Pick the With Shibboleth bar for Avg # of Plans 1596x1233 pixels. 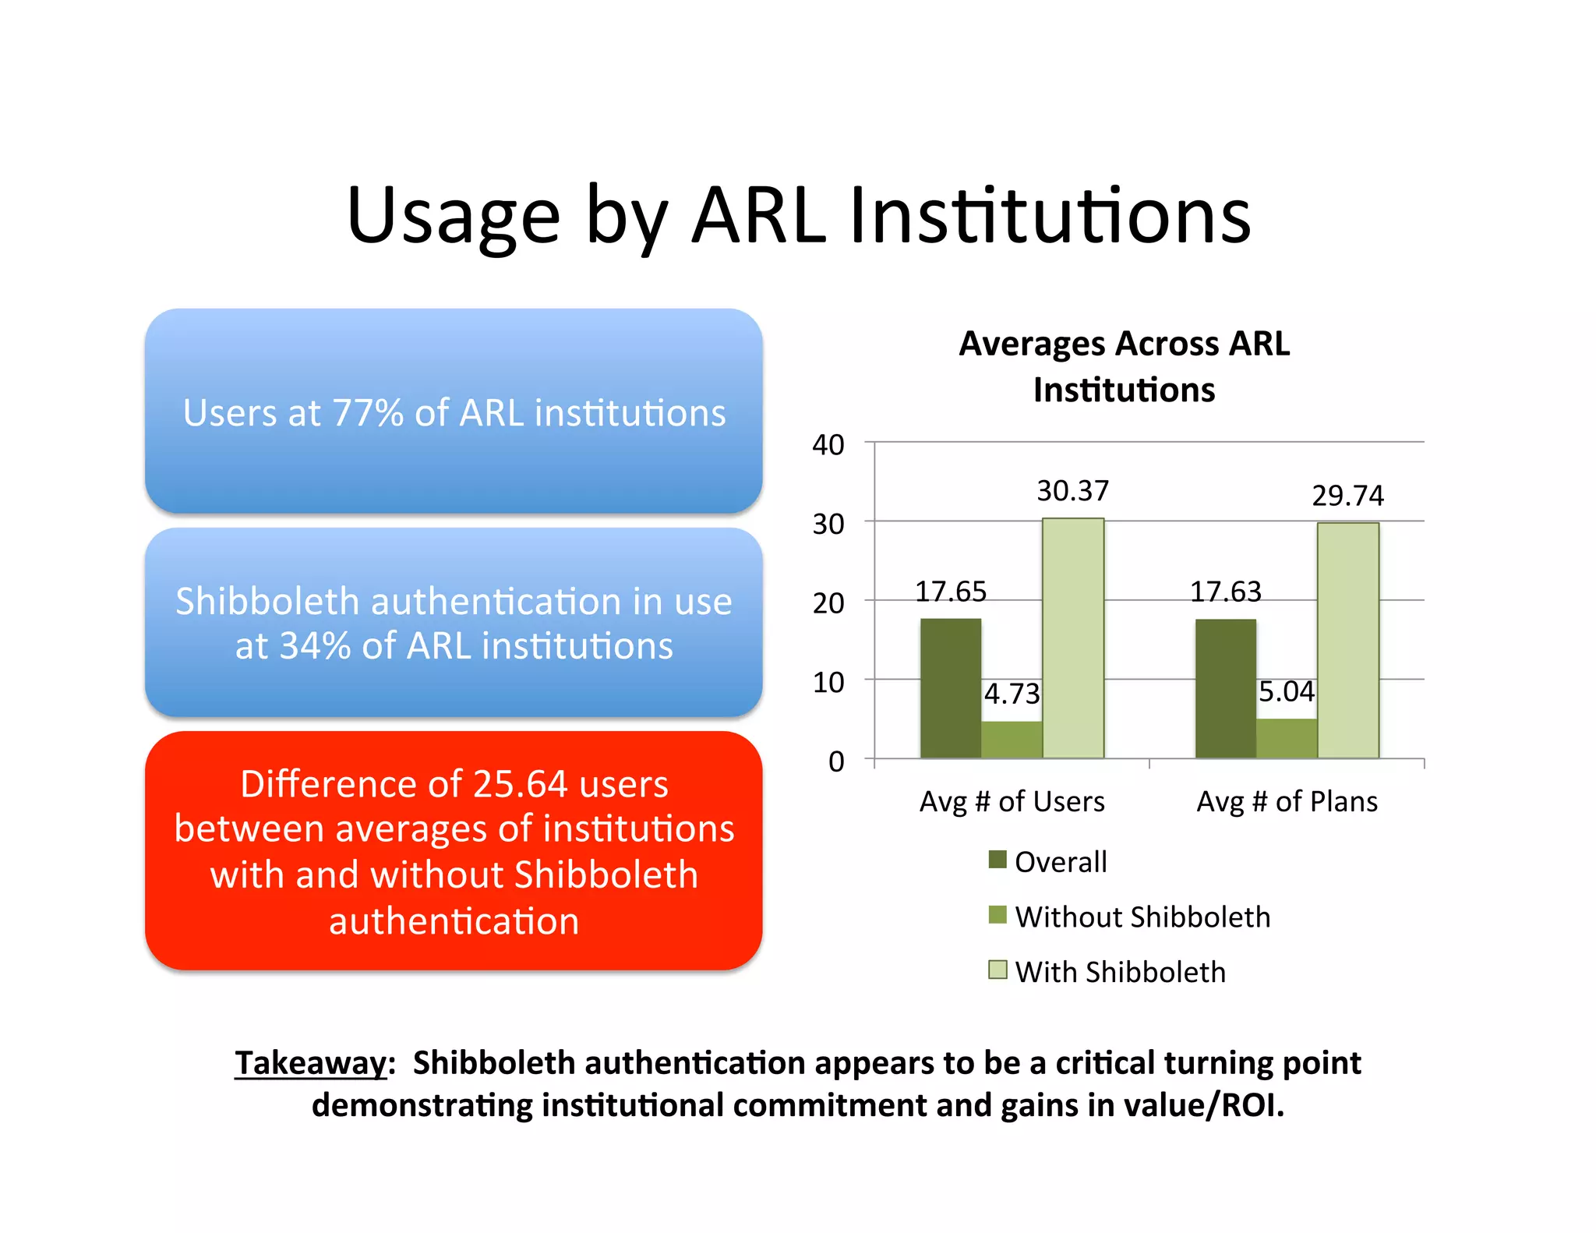pyautogui.click(x=1348, y=640)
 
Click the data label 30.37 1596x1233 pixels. pyautogui.click(x=1072, y=491)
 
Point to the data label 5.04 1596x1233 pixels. pyautogui.click(x=1287, y=691)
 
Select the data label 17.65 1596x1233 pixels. pyautogui.click(x=951, y=592)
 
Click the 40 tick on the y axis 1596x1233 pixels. pyautogui.click(x=828, y=445)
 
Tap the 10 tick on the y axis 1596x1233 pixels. pyautogui.click(x=828, y=683)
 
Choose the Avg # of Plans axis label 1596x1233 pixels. pyautogui.click(x=1287, y=801)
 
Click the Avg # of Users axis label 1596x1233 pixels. pyautogui.click(x=1012, y=801)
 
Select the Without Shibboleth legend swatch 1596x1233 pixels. pyautogui.click(x=997, y=915)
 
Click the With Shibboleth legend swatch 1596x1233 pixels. pyautogui.click(x=997, y=970)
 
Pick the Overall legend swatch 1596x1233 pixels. pyautogui.click(x=997, y=860)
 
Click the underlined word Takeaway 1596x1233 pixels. pyautogui.click(x=311, y=1063)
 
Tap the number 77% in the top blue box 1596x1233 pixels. pyautogui.click(x=368, y=413)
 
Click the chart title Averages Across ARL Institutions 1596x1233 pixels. pyautogui.click(x=1124, y=366)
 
